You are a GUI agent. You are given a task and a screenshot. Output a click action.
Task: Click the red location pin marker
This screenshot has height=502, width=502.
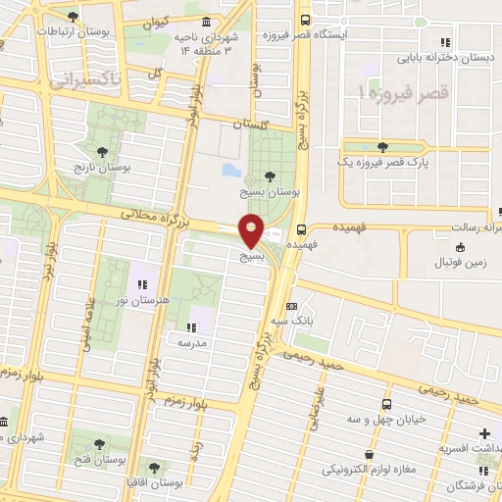(x=252, y=230)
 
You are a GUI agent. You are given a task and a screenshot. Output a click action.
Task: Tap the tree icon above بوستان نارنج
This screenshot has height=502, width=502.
(x=102, y=151)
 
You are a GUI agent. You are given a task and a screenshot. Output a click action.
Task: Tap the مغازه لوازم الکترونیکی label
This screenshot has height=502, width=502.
(x=369, y=469)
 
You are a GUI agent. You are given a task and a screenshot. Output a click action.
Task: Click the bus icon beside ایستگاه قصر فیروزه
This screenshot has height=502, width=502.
(x=306, y=20)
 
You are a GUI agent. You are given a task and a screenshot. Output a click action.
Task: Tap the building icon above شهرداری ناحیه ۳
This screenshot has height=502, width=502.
(x=205, y=22)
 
